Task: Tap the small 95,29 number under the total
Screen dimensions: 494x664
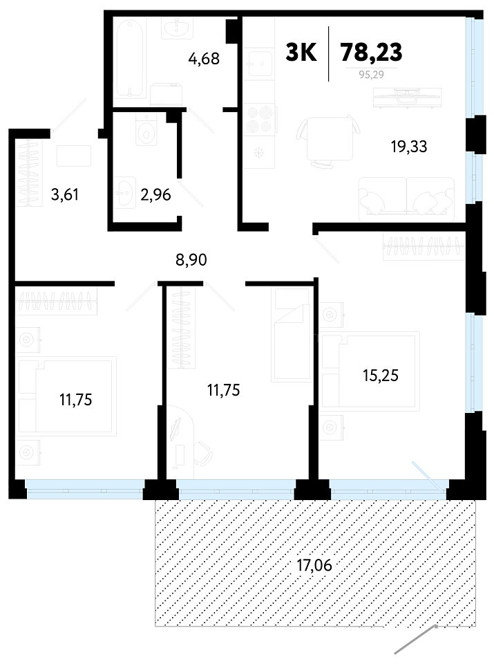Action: click(371, 75)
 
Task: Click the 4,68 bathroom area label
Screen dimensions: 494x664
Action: click(204, 58)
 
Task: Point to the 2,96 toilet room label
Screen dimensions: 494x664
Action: click(155, 195)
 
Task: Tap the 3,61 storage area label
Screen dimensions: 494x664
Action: click(65, 195)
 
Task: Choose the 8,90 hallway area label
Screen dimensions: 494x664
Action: click(191, 259)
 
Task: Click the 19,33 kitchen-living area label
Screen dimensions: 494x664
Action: click(409, 147)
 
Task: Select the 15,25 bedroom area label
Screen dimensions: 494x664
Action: click(381, 376)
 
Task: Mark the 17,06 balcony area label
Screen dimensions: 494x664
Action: click(314, 565)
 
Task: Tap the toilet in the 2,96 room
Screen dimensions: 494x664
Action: click(146, 129)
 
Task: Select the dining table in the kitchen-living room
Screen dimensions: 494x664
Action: click(329, 138)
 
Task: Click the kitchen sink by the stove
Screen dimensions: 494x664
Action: click(259, 64)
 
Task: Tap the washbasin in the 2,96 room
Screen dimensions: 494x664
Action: click(125, 193)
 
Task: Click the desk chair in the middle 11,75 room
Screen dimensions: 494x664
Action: click(202, 452)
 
